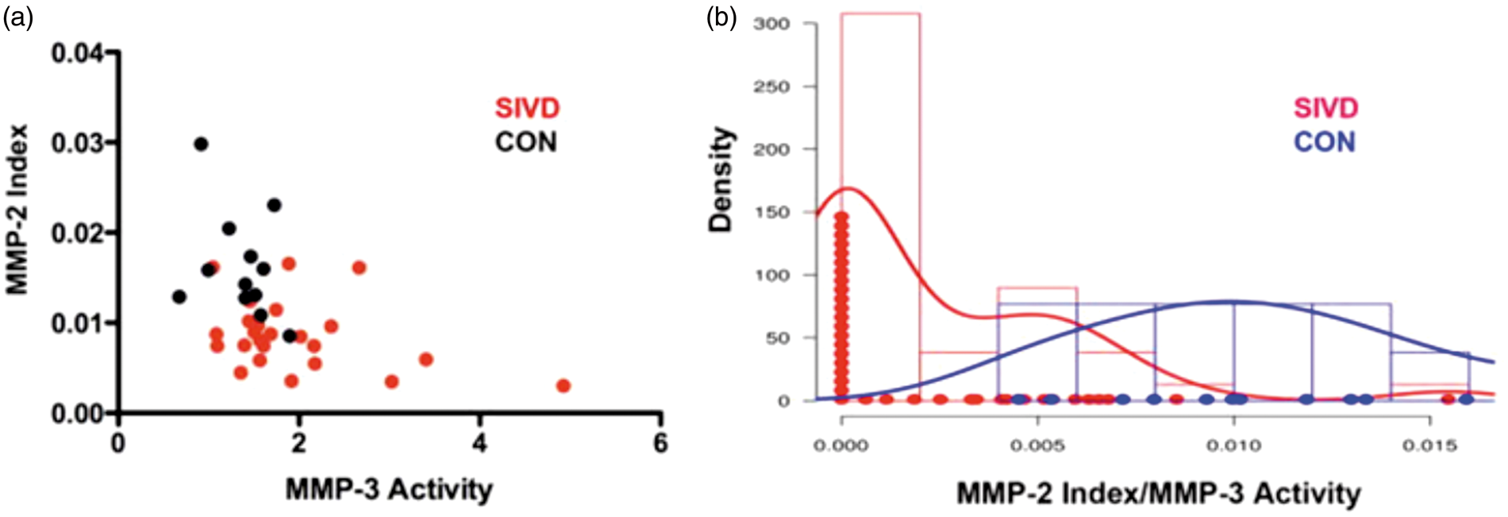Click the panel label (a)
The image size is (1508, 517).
point(17,17)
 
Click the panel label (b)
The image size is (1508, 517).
point(721,17)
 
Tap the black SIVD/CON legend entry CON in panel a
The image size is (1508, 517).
point(526,142)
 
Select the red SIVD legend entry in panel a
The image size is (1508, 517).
point(528,108)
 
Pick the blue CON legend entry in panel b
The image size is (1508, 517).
point(1325,142)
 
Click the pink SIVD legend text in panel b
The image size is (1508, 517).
point(1326,108)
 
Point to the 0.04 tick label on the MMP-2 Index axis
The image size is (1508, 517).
point(78,53)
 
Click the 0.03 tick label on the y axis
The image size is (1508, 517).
point(78,143)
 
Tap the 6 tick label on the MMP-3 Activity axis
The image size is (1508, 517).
point(660,442)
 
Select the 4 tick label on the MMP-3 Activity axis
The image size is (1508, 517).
point(479,442)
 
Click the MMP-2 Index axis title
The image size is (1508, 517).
point(17,210)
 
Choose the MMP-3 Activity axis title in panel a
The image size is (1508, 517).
point(389,489)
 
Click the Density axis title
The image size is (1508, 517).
point(721,179)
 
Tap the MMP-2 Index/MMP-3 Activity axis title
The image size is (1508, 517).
point(1158,494)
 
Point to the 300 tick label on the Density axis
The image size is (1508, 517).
point(771,24)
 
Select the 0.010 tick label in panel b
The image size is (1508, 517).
point(1233,446)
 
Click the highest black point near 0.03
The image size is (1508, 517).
point(201,144)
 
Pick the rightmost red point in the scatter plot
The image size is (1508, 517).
point(564,386)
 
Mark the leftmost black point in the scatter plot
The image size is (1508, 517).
point(179,297)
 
